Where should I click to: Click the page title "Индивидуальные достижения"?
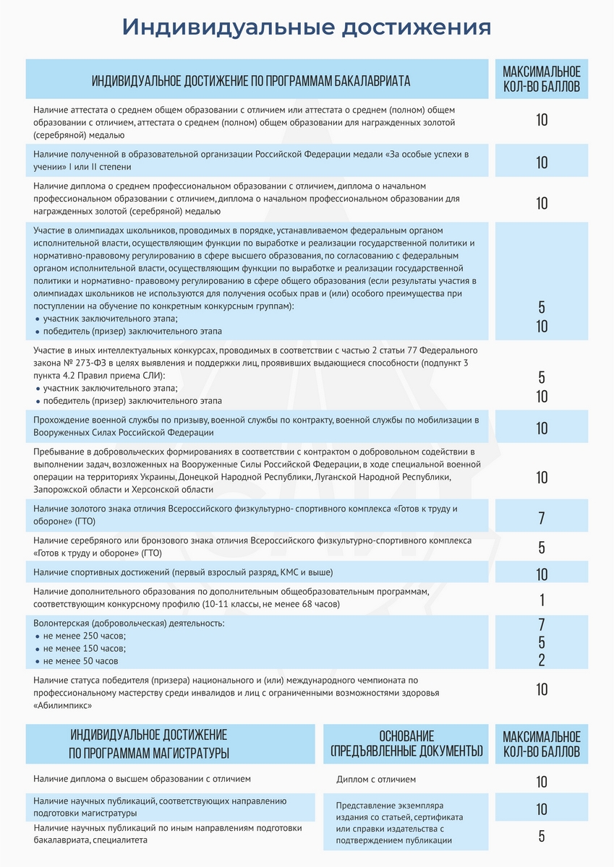point(307,27)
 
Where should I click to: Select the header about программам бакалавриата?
point(251,81)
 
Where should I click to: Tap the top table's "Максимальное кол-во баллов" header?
point(542,80)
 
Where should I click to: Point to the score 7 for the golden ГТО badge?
point(542,518)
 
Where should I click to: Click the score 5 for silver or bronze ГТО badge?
point(542,547)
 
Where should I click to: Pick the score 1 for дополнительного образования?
point(542,600)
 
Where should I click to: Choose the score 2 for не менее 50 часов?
point(542,660)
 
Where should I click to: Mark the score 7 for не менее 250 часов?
point(542,624)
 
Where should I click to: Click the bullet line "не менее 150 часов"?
point(84,648)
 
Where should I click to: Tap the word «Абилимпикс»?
point(64,704)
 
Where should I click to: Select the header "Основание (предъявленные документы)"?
point(406,744)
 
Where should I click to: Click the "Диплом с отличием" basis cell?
point(376,780)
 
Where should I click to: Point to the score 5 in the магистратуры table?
point(542,837)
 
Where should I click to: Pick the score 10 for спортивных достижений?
point(542,574)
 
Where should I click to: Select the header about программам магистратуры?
point(149,744)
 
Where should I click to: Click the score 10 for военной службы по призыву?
point(542,428)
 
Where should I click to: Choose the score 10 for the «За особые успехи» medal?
point(542,163)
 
